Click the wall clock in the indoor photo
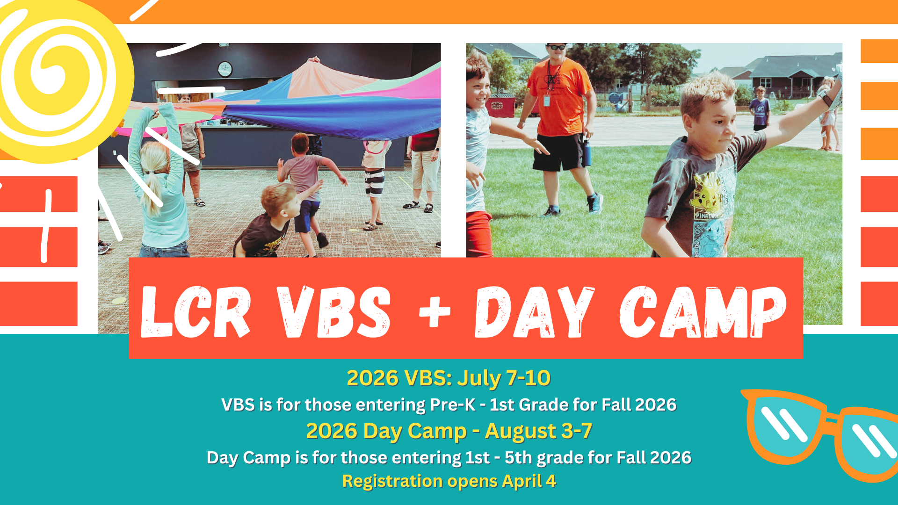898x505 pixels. tap(225, 69)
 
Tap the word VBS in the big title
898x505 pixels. tap(334, 312)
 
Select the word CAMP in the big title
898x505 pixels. tap(703, 312)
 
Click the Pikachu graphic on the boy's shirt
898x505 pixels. tap(706, 192)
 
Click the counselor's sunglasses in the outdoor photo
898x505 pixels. tap(557, 47)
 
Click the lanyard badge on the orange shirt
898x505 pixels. tap(546, 101)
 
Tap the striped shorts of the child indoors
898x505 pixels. tap(374, 183)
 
